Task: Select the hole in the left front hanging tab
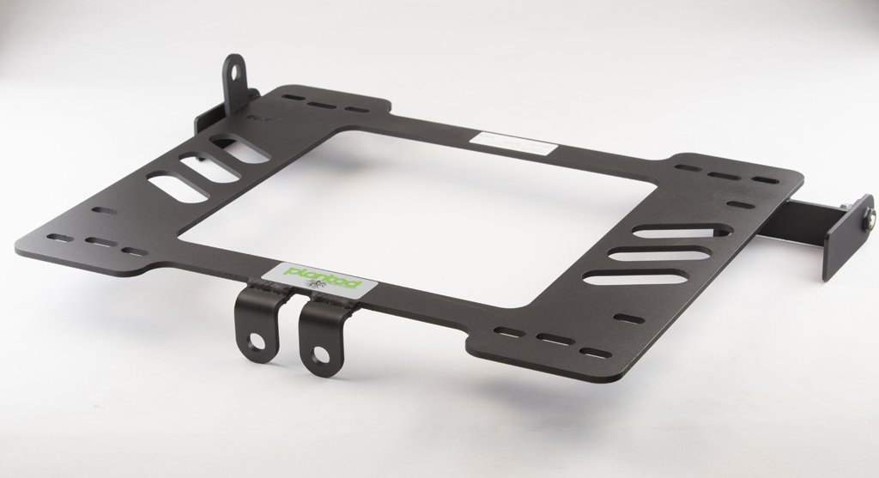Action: (255, 342)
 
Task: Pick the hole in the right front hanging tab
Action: (319, 352)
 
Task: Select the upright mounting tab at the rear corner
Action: (233, 82)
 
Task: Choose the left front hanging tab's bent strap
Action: (250, 322)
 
